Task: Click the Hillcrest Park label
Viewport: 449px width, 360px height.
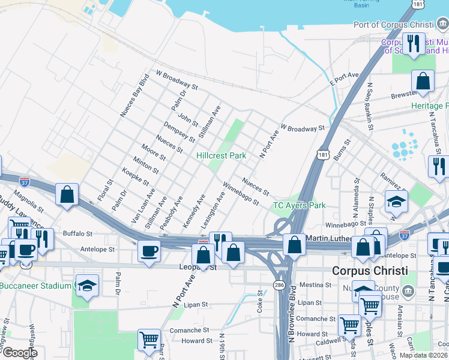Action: pyautogui.click(x=221, y=155)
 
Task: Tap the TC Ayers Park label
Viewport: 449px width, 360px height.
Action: pyautogui.click(x=300, y=206)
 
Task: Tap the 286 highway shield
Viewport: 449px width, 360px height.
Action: pyautogui.click(x=279, y=284)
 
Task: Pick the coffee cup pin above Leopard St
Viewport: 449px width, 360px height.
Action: pyautogui.click(x=149, y=251)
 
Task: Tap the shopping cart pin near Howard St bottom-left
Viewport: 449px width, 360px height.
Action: pyautogui.click(x=149, y=340)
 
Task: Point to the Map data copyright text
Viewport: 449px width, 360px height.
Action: pyautogui.click(x=423, y=355)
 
